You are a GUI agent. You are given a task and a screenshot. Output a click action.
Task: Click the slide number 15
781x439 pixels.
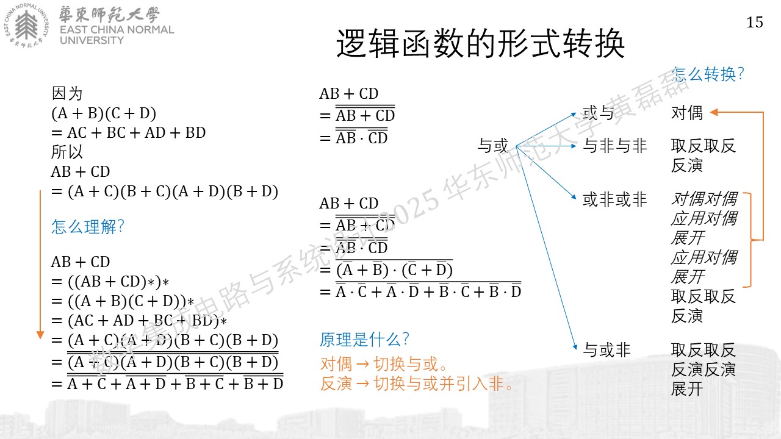[x=755, y=23]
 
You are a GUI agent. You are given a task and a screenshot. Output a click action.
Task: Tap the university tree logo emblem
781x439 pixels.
[x=26, y=25]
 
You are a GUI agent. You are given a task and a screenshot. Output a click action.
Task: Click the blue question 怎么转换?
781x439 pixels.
[x=708, y=74]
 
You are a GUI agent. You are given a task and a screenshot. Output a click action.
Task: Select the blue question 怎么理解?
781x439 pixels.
[x=87, y=226]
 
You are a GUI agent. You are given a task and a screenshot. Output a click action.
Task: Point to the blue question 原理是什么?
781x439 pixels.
[x=364, y=340]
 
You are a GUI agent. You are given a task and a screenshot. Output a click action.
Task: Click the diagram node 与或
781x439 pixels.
[x=492, y=145]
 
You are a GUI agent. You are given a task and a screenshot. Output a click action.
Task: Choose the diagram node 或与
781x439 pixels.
[x=599, y=113]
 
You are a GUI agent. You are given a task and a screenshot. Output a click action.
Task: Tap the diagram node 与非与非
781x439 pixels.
[x=614, y=145]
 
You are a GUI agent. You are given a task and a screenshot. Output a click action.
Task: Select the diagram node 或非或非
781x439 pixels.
[x=614, y=199]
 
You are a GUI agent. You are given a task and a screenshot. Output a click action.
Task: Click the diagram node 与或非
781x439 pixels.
[x=606, y=350]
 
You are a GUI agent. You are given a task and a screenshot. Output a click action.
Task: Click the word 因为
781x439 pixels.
[x=67, y=93]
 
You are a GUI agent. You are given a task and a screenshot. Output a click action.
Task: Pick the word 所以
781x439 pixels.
[x=67, y=152]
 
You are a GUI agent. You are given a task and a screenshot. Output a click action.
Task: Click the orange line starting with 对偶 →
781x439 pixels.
[x=384, y=364]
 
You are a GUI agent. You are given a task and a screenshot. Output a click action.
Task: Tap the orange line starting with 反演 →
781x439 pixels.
[x=416, y=384]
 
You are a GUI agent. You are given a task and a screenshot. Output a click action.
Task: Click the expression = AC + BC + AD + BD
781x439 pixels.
[x=128, y=133]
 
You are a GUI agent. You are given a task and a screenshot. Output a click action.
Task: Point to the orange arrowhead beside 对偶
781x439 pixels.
[x=714, y=112]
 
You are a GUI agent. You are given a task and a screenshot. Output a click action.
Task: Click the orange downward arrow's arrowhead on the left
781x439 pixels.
[x=40, y=335]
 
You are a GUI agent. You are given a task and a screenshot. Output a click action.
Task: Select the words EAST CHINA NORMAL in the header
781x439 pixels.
[x=117, y=30]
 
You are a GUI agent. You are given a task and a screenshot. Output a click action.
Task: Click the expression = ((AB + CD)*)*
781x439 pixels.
[x=110, y=282]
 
